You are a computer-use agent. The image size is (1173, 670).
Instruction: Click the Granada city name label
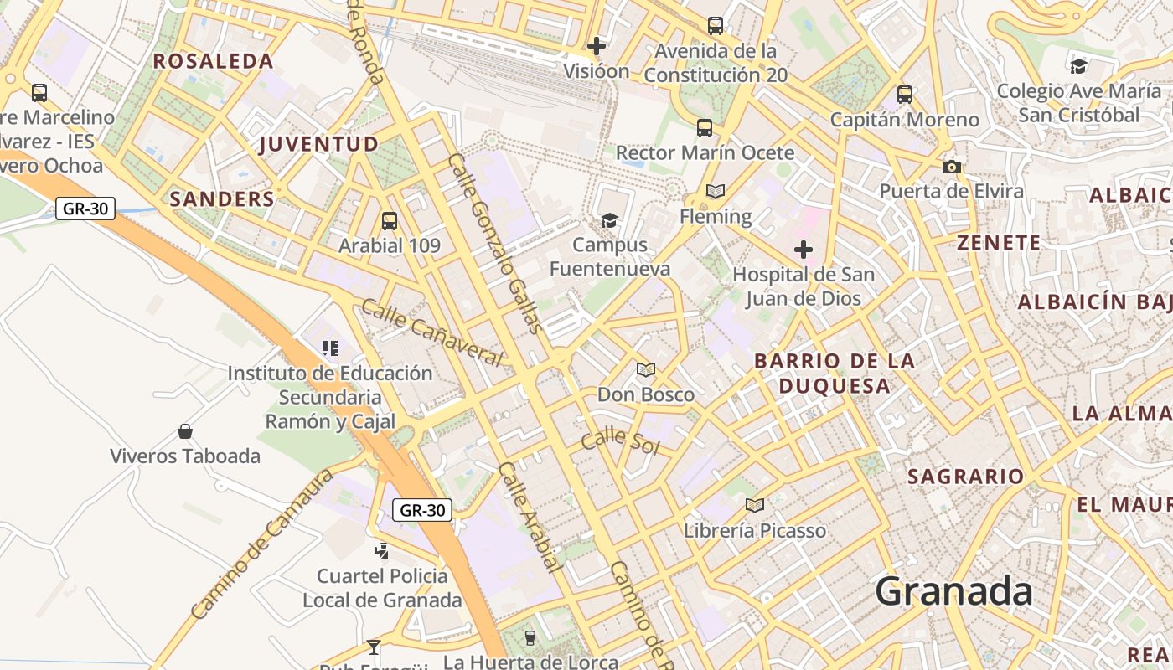point(953,592)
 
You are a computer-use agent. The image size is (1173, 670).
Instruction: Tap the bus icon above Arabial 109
point(390,221)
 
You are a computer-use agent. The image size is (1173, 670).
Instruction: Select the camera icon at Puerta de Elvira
point(951,167)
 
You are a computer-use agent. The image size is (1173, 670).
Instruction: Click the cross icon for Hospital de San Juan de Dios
point(804,250)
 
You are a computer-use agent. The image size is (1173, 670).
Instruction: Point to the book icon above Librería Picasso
point(755,505)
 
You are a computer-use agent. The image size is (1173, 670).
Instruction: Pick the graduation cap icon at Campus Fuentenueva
point(609,220)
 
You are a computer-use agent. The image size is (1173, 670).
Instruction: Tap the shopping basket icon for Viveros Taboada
point(185,431)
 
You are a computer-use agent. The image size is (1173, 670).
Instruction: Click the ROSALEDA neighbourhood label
point(213,61)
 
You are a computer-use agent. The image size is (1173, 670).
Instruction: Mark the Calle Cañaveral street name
point(431,332)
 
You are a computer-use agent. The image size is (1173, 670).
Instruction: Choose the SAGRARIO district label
point(966,477)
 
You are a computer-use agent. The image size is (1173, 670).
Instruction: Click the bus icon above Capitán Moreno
point(905,95)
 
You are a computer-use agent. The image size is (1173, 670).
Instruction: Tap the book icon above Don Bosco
point(645,369)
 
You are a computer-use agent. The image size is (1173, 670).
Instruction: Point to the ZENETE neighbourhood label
point(999,244)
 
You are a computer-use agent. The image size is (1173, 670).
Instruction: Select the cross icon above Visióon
point(597,46)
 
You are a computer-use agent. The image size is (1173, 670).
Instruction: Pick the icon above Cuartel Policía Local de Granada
point(382,550)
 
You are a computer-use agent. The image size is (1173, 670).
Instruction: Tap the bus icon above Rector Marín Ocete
point(705,128)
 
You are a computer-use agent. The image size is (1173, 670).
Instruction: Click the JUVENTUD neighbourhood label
point(318,144)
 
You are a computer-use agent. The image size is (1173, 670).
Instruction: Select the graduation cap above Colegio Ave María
point(1078,65)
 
